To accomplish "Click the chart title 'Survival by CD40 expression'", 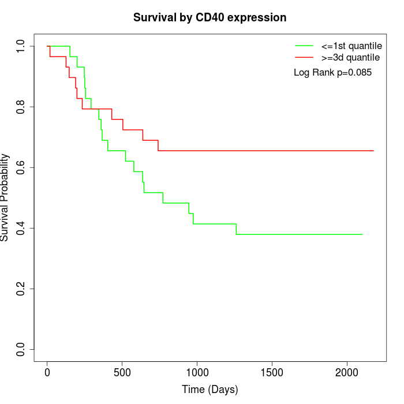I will tap(210, 18).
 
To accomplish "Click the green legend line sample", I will tap(304, 46).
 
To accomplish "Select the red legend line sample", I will tap(304, 57).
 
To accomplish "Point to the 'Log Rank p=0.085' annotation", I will tap(332, 73).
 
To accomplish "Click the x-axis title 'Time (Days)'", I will tap(210, 390).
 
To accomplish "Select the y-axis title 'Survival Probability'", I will tap(5, 197).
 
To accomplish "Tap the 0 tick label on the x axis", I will tap(47, 372).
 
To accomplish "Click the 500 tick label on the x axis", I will tap(122, 372).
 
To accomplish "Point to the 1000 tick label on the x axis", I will tap(197, 372).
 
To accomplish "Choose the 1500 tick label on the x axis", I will tap(272, 372).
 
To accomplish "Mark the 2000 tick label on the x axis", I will tap(347, 372).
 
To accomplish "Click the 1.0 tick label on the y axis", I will tap(21, 46).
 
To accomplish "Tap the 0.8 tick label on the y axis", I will tap(21, 107).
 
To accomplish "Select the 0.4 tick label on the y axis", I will tap(21, 228).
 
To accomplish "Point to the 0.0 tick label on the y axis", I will tap(21, 349).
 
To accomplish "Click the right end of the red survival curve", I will tap(373, 151).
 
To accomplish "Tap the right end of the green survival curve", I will tap(362, 234).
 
